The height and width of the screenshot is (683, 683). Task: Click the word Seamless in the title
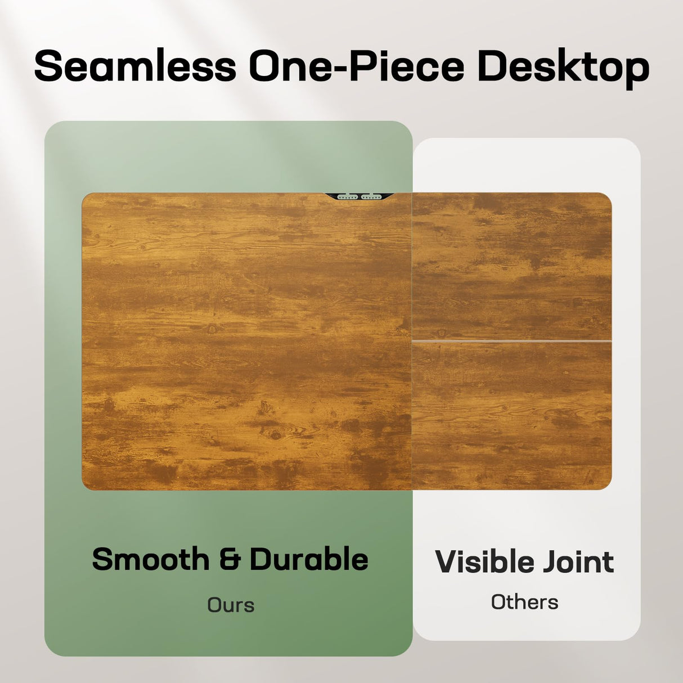point(135,65)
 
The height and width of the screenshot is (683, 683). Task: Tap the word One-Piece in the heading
point(357,65)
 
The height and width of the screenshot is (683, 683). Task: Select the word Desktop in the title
point(564,69)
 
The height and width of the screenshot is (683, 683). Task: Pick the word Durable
point(309,559)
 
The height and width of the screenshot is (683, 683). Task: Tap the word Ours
point(231,605)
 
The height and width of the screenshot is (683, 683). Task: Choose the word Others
point(524,602)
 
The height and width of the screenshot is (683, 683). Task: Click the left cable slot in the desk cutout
point(347,197)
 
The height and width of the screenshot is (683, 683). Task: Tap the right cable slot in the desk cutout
point(371,197)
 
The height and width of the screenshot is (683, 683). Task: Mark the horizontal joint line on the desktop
point(512,340)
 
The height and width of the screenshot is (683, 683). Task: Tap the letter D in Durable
point(261,560)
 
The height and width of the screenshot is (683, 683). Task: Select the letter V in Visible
point(448,562)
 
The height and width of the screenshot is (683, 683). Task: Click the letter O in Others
point(498,602)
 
